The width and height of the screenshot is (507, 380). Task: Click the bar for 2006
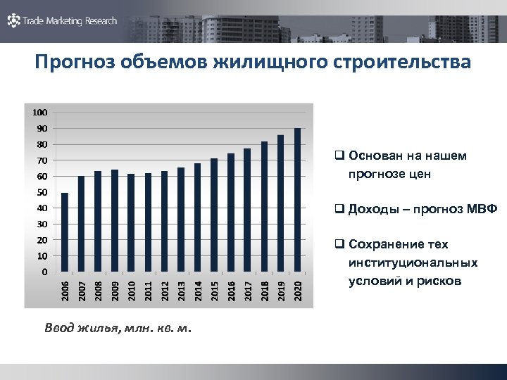65,232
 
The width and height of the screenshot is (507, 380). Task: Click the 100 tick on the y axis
39,113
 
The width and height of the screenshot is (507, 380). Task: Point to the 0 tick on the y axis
44,272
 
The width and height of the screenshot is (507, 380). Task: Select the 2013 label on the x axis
181,290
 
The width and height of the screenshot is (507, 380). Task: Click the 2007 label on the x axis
81,290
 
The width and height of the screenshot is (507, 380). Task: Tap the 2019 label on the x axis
280,290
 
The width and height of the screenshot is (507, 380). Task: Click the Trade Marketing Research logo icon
13,20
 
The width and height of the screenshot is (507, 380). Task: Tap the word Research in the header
101,21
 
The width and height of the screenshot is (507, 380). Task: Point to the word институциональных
413,262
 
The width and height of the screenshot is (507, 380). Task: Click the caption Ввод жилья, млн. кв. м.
117,327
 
